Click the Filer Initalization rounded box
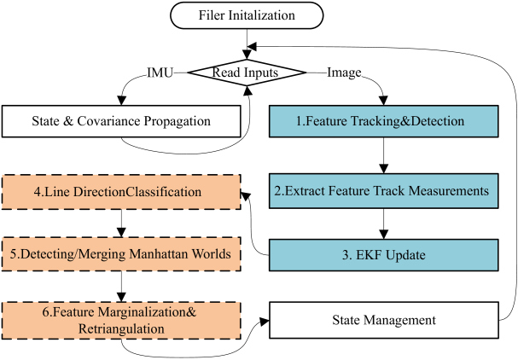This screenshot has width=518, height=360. point(247,15)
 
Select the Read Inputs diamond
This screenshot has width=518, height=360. point(247,73)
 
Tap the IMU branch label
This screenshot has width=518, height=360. point(160,73)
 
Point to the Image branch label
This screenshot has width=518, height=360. point(344,73)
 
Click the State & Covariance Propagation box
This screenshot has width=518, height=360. point(121,121)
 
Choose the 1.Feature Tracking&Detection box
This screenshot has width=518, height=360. point(383,121)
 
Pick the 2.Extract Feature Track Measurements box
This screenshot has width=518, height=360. point(383,191)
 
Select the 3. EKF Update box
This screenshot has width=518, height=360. point(383,255)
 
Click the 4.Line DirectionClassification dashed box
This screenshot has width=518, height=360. point(121,192)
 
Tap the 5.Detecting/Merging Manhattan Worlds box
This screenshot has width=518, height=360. point(121,254)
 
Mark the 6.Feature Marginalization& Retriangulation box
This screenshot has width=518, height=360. point(121,321)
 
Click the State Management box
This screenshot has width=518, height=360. point(383,320)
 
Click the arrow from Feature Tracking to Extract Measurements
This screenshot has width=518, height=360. point(383,155)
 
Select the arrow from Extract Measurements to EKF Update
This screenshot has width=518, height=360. point(383,224)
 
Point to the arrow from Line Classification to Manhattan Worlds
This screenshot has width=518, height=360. point(121,223)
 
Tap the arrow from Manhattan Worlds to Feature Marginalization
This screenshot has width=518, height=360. point(121,287)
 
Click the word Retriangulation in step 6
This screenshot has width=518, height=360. point(121,329)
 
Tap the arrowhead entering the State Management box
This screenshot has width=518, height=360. point(265,322)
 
